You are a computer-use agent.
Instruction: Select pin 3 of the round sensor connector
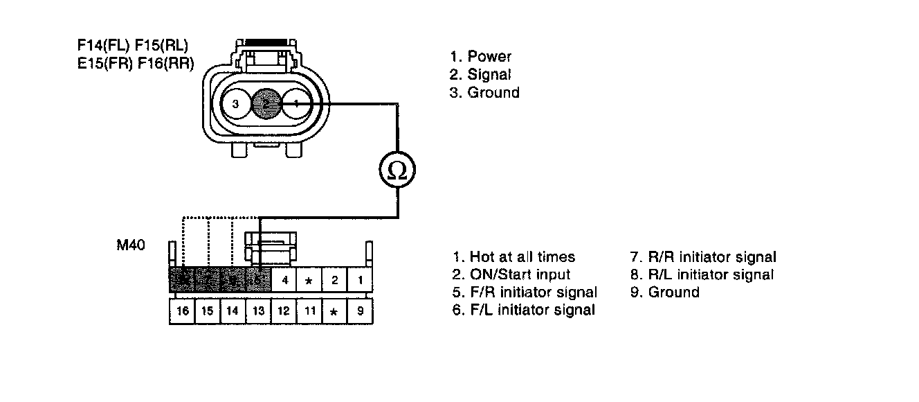pos(236,105)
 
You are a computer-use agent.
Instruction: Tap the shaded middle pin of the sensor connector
pos(266,105)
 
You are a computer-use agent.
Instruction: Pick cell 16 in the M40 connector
pos(183,311)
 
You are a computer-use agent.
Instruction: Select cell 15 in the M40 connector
pos(208,311)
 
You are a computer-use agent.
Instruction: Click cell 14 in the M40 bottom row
pos(233,311)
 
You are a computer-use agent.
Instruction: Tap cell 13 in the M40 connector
pos(257,311)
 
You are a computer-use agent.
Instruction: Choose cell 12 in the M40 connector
pos(283,311)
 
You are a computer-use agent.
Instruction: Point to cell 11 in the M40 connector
pos(309,311)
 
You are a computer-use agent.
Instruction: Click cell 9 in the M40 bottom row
pos(360,311)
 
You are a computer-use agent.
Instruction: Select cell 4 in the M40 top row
pos(284,281)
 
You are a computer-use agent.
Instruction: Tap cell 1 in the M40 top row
pos(360,281)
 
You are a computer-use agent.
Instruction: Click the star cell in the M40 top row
pos(309,281)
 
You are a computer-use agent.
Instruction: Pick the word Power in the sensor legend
pos(489,57)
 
